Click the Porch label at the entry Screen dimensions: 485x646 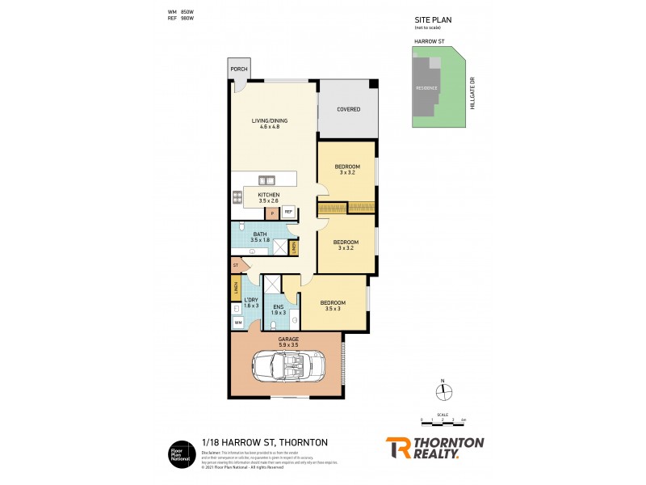pos(238,70)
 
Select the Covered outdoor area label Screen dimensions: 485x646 pos(348,109)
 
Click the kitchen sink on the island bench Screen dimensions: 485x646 pos(266,179)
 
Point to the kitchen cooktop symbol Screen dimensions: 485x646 pos(237,196)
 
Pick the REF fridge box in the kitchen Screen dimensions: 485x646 pos(287,212)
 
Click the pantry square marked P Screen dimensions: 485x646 pos(272,213)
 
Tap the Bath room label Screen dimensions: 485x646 pos(259,237)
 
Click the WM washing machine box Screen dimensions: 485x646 pos(238,323)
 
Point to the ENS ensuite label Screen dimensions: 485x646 pos(278,310)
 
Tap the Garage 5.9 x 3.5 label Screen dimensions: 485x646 pos(288,341)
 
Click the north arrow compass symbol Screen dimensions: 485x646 pos(443,392)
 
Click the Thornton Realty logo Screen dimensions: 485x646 pos(434,447)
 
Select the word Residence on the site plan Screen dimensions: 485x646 pos(426,87)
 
